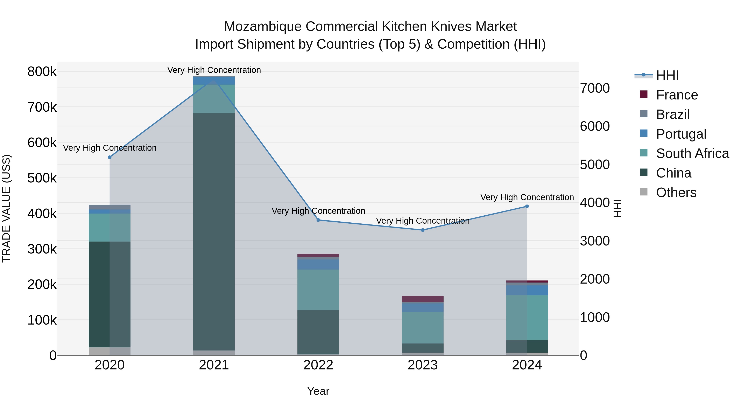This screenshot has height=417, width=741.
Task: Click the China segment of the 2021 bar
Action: tap(214, 230)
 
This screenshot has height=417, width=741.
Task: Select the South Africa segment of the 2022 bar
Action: tap(318, 289)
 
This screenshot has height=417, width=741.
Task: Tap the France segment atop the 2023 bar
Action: tap(423, 299)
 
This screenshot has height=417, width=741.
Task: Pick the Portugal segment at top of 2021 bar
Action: tap(214, 80)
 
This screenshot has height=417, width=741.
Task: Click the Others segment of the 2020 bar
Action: tap(109, 351)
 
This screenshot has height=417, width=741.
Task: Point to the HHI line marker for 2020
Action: tap(110, 157)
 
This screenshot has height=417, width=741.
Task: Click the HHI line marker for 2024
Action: tap(527, 206)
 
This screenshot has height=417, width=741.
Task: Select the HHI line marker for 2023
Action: tap(423, 230)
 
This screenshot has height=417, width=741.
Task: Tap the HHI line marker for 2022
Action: tap(318, 220)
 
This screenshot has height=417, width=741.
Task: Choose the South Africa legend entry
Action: tap(692, 153)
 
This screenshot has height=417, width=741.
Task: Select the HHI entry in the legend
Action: tap(667, 75)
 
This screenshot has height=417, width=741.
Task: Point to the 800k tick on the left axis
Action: tap(42, 72)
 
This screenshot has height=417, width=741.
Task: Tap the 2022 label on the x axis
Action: tap(318, 365)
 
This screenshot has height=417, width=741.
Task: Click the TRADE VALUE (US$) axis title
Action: tap(6, 208)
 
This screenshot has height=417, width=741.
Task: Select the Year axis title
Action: tap(318, 391)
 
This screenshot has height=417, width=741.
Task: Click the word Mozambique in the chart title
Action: tap(263, 27)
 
